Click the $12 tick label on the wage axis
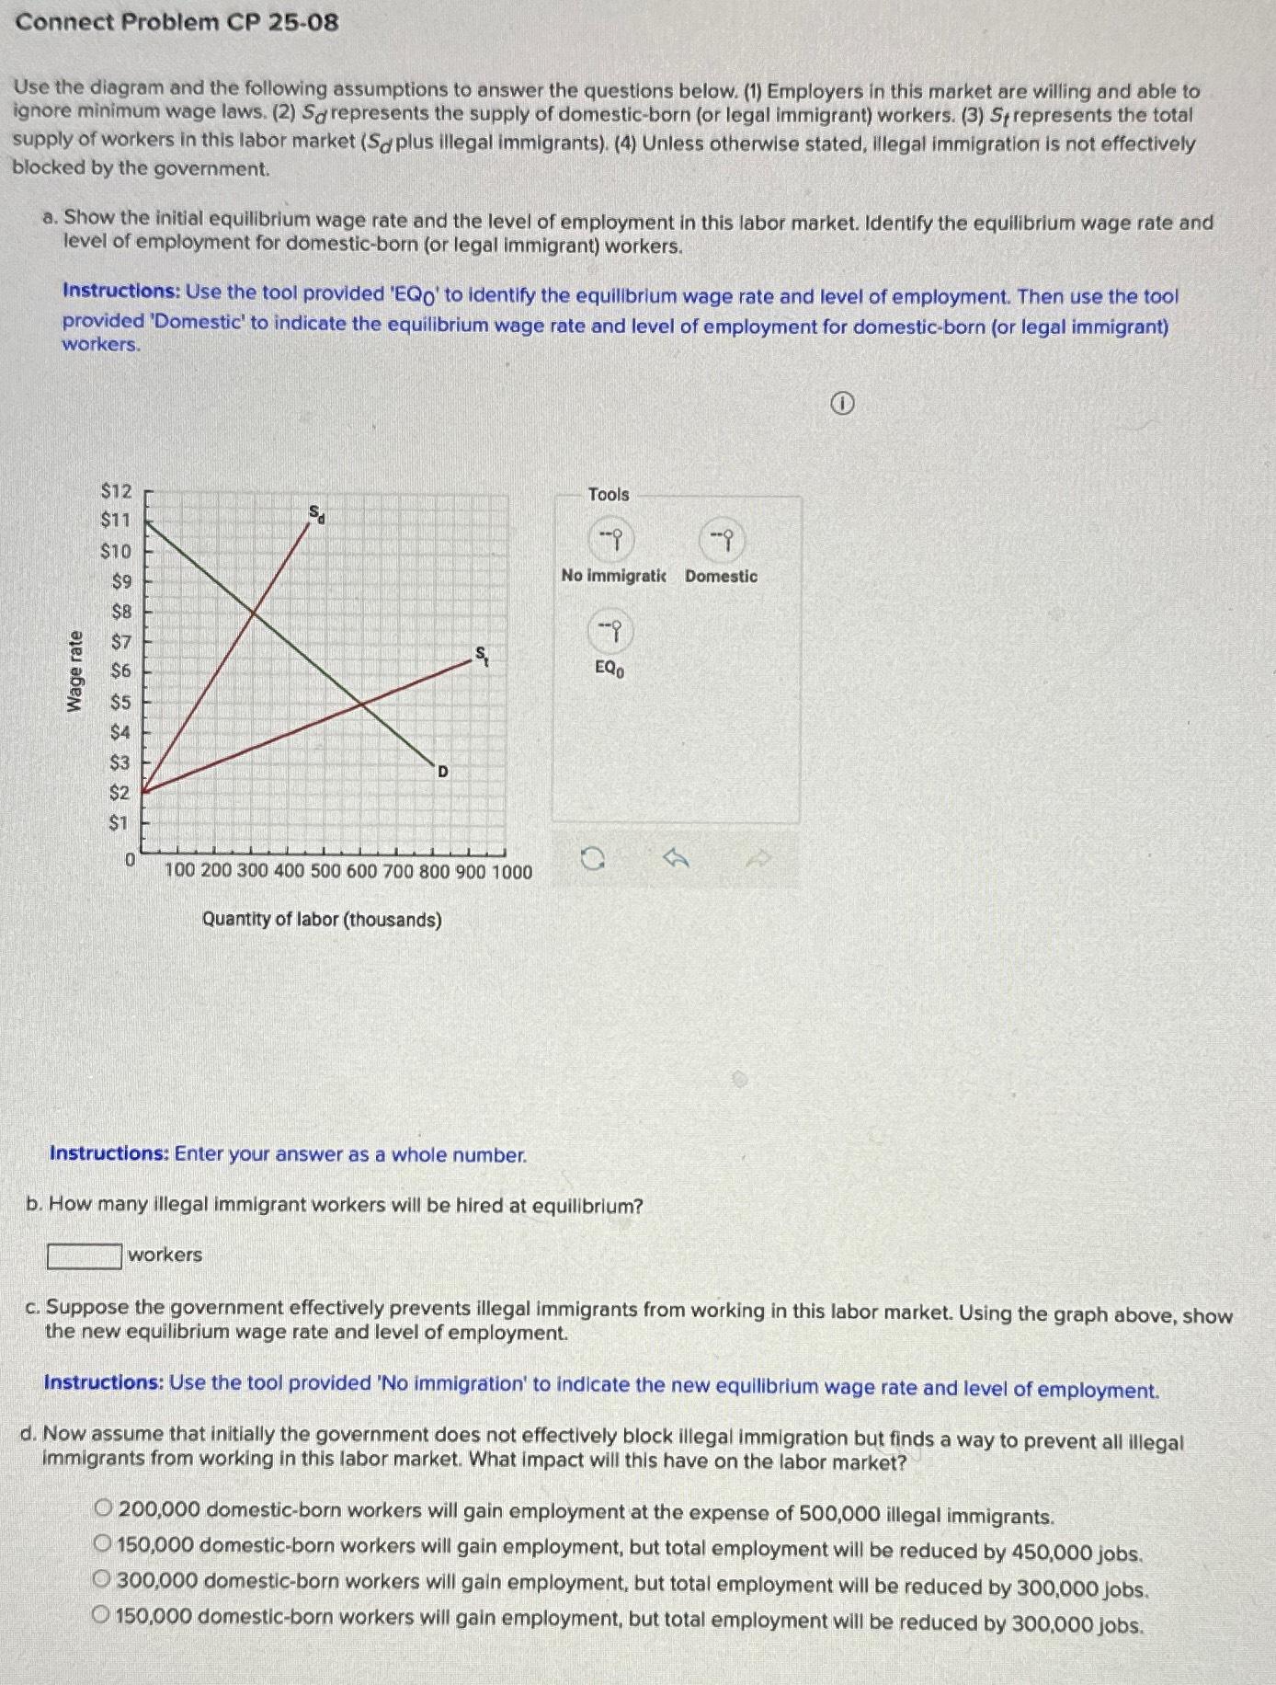pos(116,491)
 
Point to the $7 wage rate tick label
pos(120,641)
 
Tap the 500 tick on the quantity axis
pos(325,871)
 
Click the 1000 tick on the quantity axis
pos(512,871)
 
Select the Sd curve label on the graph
pos(316,513)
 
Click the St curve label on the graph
pos(481,654)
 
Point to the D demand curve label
pos(442,771)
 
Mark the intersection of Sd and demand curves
pos(254,610)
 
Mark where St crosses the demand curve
pos(362,705)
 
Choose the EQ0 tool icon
pos(610,630)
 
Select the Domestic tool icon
pos(722,540)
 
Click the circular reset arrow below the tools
pos(593,859)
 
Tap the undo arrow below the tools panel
pos(677,859)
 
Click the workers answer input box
pos(85,1255)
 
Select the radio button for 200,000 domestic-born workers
pos(104,1507)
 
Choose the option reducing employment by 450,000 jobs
pos(104,1543)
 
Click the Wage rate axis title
pos(74,671)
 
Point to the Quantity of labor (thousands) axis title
pos(322,919)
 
